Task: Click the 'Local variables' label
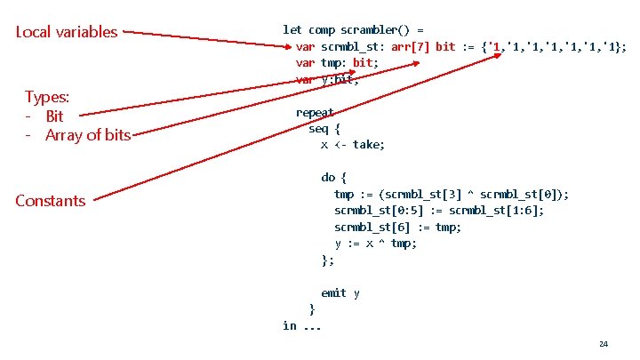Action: point(67,32)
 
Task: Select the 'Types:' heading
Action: point(47,97)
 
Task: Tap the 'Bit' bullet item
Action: point(54,116)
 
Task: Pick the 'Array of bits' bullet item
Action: point(87,135)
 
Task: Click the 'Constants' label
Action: point(51,201)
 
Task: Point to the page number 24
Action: point(604,343)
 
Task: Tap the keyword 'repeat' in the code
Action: point(315,112)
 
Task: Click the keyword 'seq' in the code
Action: point(318,128)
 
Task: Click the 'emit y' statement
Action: point(340,292)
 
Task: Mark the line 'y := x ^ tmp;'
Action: point(375,243)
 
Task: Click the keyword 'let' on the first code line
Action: point(292,29)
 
